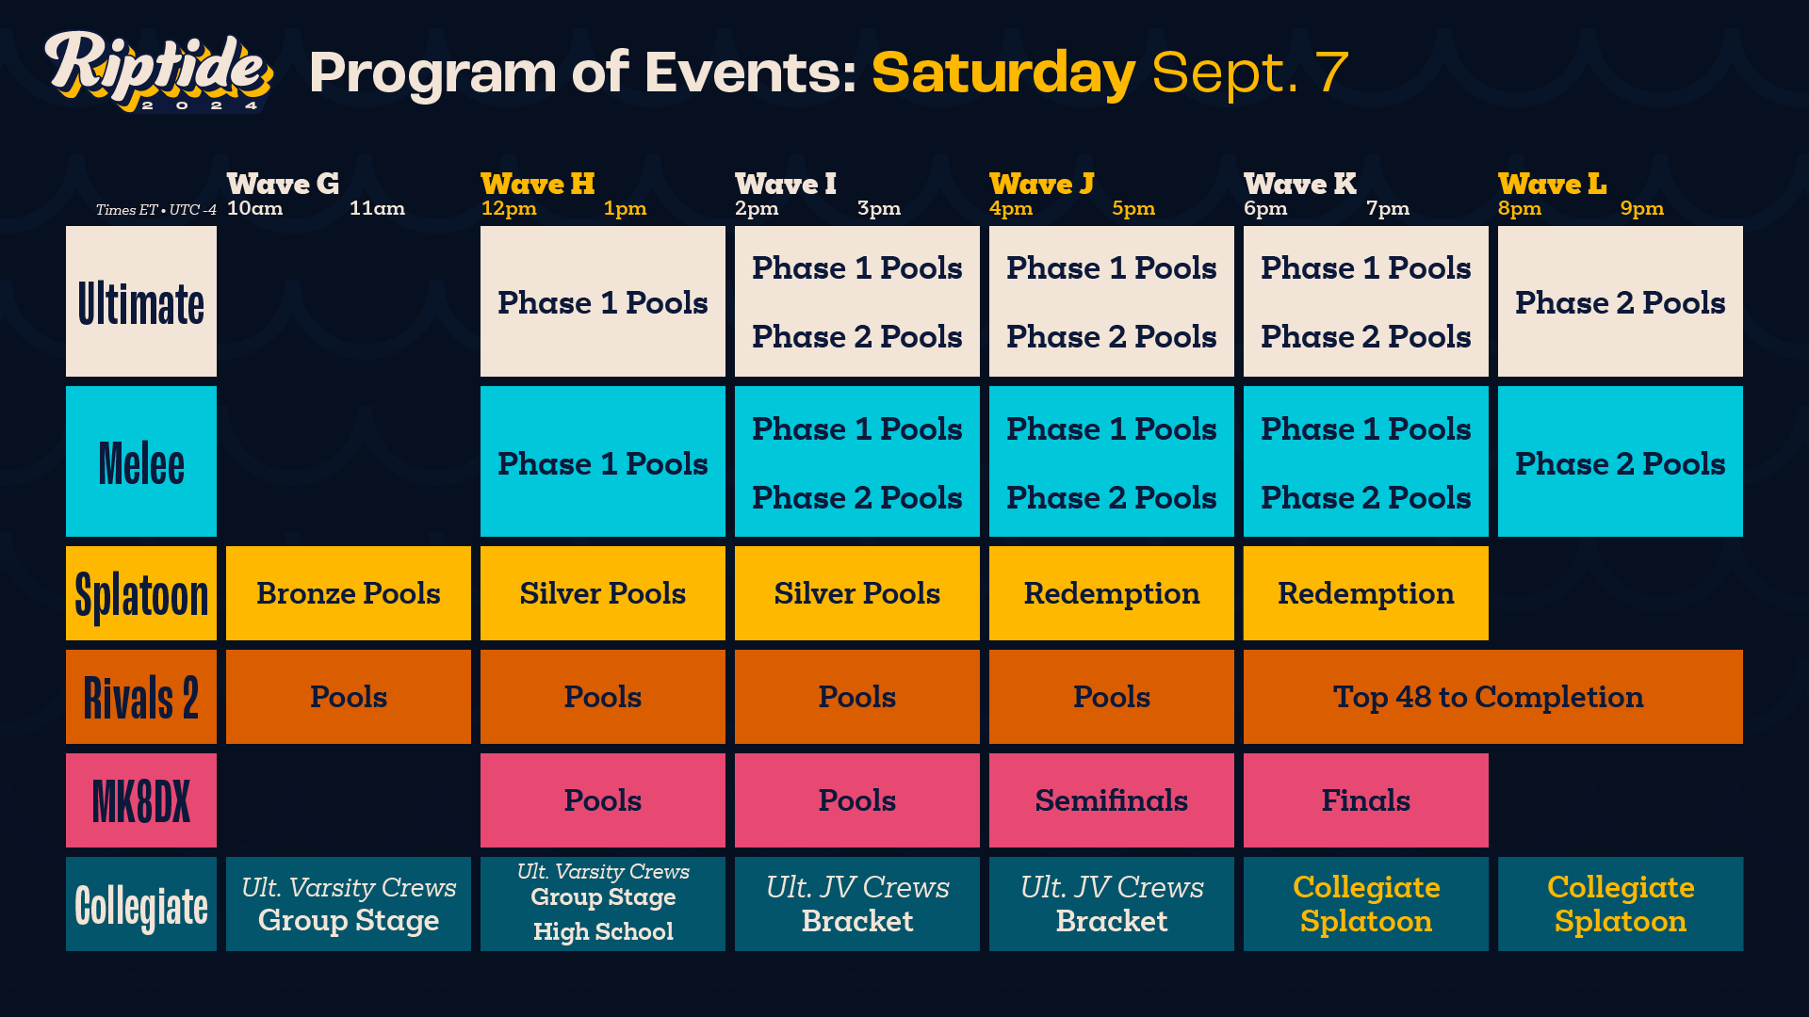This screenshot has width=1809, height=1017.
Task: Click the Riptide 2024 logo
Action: (158, 72)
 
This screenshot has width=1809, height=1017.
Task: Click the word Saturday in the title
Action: (1002, 73)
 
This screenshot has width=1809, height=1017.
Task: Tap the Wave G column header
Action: (283, 184)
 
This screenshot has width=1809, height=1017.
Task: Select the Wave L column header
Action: (1552, 184)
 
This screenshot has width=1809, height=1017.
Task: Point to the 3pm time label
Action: (878, 208)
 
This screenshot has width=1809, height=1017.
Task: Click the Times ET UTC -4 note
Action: (155, 210)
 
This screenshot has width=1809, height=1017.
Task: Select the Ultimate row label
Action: (141, 302)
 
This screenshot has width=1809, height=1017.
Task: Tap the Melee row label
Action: (141, 462)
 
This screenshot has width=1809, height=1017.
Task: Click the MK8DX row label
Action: (141, 800)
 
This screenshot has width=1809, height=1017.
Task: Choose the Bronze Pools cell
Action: (349, 593)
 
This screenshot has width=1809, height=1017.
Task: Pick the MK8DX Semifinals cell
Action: (1111, 800)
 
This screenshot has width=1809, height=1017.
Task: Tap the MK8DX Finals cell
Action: (1365, 800)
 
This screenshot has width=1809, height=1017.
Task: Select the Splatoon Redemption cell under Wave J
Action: (1111, 593)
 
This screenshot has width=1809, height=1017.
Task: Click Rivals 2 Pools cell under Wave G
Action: (349, 697)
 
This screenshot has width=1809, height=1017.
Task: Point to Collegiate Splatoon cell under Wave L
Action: (1620, 904)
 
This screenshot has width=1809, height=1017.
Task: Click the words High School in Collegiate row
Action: (603, 931)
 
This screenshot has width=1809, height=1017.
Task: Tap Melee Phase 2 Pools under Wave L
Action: (1620, 463)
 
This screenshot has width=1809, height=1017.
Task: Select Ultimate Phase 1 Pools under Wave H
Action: (603, 302)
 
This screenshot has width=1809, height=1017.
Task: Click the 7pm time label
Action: (1387, 208)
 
